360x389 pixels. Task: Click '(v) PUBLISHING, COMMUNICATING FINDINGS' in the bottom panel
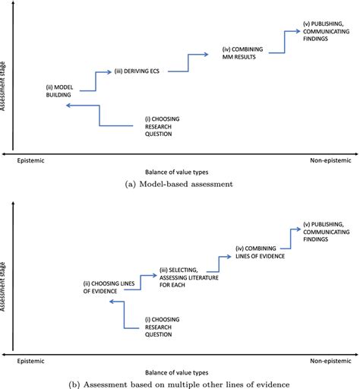click(x=324, y=231)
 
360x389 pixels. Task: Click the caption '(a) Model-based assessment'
click(x=180, y=182)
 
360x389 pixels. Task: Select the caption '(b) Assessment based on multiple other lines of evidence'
click(x=180, y=383)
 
